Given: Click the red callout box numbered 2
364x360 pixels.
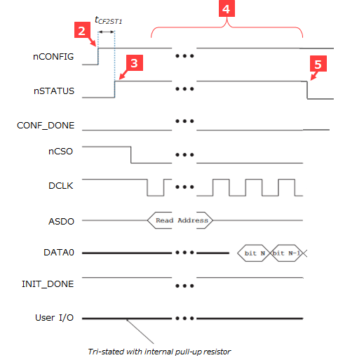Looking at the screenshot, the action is click(82, 29).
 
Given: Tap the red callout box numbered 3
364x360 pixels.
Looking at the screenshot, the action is click(135, 62).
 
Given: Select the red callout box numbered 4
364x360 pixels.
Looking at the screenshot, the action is click(227, 8).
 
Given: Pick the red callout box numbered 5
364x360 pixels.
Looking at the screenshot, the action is click(318, 63).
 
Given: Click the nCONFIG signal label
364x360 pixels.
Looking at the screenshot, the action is click(53, 57).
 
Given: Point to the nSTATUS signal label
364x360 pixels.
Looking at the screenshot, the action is click(54, 91).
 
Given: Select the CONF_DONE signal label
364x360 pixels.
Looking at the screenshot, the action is click(46, 126).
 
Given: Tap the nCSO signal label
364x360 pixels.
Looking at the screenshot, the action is click(60, 152).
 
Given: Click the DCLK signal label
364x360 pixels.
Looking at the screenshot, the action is click(61, 186).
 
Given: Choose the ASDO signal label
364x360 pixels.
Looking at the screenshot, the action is click(61, 221).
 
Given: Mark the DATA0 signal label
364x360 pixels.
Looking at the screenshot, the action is click(59, 253).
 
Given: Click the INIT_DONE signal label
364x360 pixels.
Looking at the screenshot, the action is click(48, 284).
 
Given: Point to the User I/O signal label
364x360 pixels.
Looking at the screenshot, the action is click(54, 318).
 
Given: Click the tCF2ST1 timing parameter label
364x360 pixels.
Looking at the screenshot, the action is click(109, 20).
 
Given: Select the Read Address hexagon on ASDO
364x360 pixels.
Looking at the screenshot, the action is click(180, 220).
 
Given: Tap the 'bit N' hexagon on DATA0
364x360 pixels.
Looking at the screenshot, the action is click(254, 253).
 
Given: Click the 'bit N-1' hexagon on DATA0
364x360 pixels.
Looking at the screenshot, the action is click(286, 253).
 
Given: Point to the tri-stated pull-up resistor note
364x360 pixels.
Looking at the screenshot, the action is click(159, 352).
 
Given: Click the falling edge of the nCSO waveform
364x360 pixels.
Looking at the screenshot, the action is click(131, 154).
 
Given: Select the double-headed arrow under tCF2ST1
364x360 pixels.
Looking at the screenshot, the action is click(106, 32).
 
